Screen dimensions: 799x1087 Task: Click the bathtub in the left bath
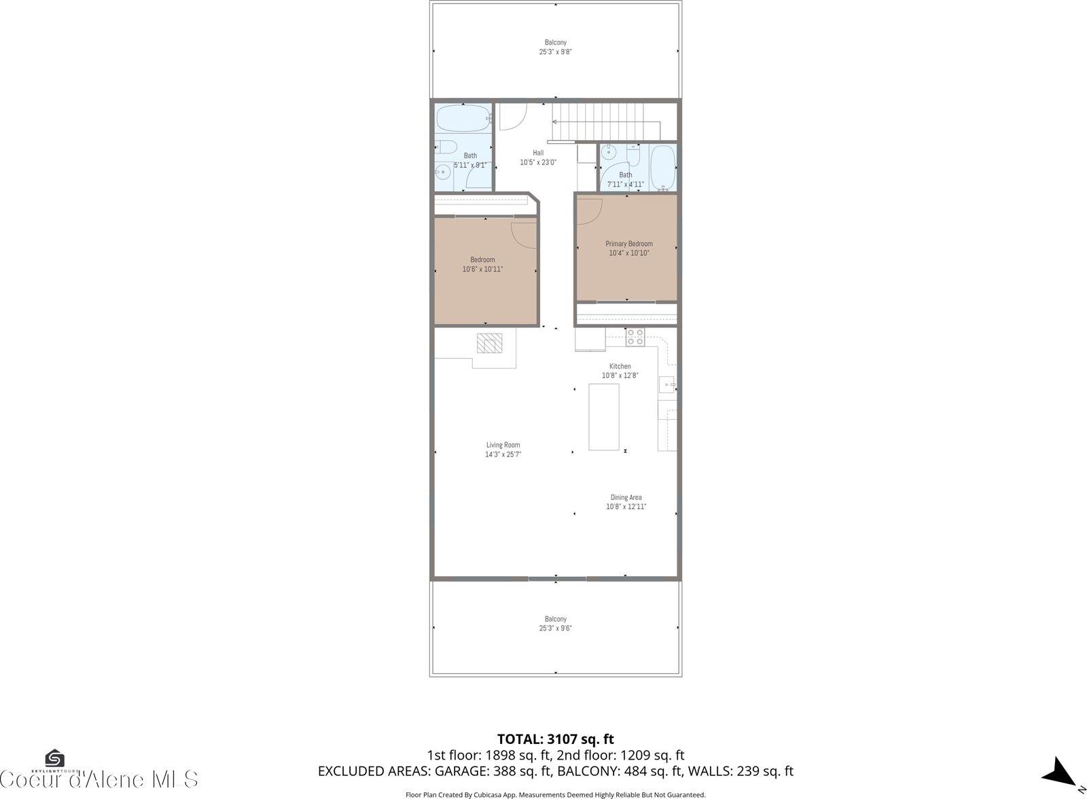click(x=463, y=118)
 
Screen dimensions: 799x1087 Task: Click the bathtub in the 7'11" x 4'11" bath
click(x=662, y=166)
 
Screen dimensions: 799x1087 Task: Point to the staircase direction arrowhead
click(x=554, y=122)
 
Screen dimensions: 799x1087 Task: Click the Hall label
click(x=538, y=153)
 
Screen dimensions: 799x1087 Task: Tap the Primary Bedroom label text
click(x=629, y=244)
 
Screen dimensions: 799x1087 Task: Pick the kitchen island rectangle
click(x=603, y=416)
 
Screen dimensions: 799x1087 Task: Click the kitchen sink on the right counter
click(x=667, y=385)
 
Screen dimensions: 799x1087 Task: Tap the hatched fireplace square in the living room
click(x=489, y=343)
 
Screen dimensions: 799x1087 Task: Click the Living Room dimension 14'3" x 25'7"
click(x=503, y=455)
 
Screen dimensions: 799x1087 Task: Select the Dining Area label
click(x=626, y=497)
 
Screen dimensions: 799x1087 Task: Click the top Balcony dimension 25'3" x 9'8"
click(x=555, y=52)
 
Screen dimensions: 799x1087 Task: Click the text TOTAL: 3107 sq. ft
click(x=555, y=739)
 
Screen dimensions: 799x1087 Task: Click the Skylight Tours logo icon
click(x=54, y=758)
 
